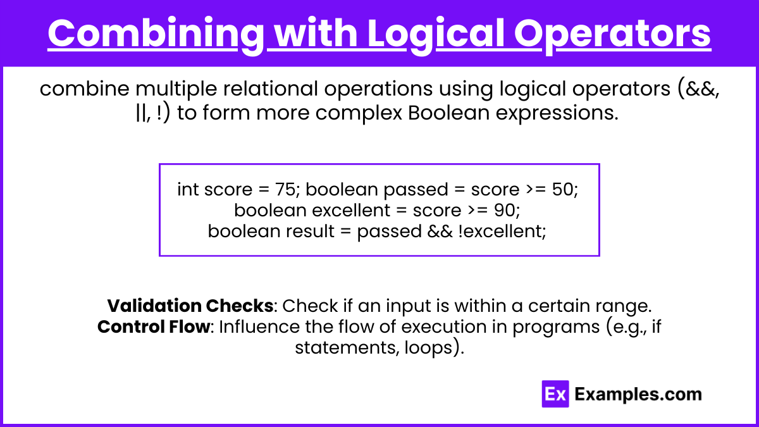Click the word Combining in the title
click(x=156, y=34)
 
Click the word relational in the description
click(x=271, y=89)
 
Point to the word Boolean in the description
click(x=448, y=113)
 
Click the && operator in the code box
click(x=440, y=231)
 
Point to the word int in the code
click(x=188, y=189)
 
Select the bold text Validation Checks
click(x=190, y=306)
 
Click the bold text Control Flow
click(x=154, y=326)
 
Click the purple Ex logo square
click(x=555, y=393)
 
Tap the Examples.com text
click(x=638, y=394)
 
